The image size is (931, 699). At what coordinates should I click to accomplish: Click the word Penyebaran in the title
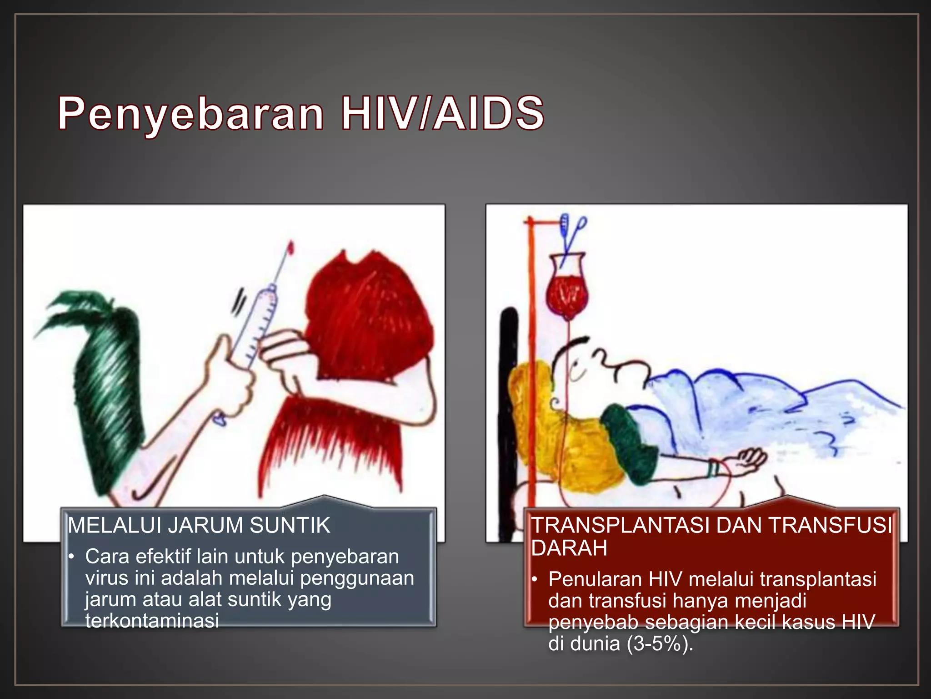pyautogui.click(x=191, y=114)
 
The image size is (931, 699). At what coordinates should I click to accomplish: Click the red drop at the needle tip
pyautogui.click(x=290, y=248)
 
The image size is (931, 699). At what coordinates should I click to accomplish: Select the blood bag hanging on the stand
pyautogui.click(x=567, y=291)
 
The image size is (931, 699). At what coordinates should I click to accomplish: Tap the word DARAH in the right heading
pyautogui.click(x=569, y=548)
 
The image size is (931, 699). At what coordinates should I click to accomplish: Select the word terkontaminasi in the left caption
pyautogui.click(x=152, y=621)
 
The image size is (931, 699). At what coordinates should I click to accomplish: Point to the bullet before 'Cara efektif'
pyautogui.click(x=71, y=557)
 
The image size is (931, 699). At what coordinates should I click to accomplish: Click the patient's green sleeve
pyautogui.click(x=632, y=444)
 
